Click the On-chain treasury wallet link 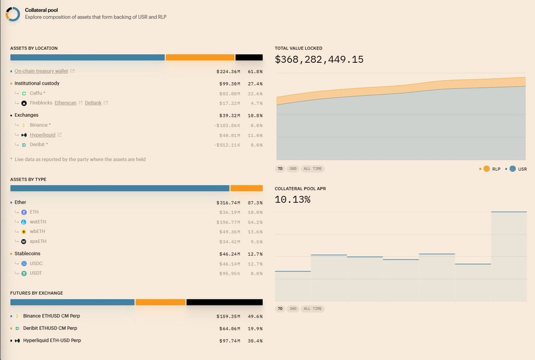[41, 71]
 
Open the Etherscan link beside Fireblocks [66, 103]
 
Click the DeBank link [93, 103]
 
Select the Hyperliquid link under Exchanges [42, 135]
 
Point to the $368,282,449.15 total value [319, 60]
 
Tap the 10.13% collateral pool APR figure [292, 200]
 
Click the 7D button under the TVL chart [280, 169]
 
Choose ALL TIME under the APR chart [313, 309]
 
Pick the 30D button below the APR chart [292, 309]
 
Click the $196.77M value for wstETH [229, 222]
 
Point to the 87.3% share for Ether [255, 203]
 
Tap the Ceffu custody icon [24, 93]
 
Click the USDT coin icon [24, 273]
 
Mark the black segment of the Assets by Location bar [249, 58]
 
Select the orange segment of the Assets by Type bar [246, 188]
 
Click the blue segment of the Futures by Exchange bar [72, 302]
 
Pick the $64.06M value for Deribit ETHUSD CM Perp [229, 329]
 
